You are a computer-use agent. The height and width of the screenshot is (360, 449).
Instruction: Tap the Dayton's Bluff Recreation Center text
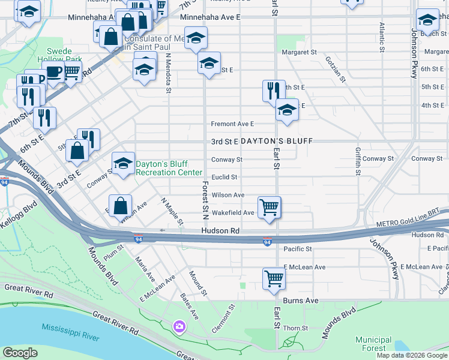tap(169, 168)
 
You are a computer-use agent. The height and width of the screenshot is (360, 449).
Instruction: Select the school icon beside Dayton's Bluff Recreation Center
tap(123, 163)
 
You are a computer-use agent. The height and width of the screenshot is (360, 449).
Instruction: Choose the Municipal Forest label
tap(373, 343)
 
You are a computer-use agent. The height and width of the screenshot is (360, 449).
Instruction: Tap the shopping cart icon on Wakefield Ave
tap(270, 208)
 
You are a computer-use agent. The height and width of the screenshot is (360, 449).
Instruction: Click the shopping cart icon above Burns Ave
tap(274, 278)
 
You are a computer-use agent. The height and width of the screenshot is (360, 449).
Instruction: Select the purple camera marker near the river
tap(179, 326)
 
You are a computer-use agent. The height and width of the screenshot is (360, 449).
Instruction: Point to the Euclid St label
tap(224, 177)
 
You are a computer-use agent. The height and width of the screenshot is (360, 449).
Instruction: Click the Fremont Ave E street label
tap(232, 124)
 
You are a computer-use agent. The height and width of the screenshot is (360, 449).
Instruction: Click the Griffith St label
tap(358, 161)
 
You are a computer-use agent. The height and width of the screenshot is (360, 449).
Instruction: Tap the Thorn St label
tap(295, 328)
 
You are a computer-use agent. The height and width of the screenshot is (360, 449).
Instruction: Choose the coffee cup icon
tap(55, 73)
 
